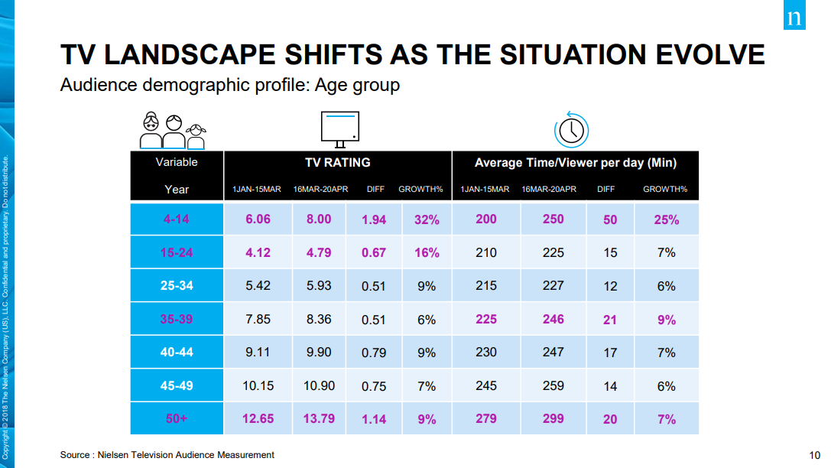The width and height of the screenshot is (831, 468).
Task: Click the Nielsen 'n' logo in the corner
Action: [x=794, y=15]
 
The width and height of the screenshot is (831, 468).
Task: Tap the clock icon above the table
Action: [x=571, y=130]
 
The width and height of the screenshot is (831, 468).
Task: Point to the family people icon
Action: [x=173, y=131]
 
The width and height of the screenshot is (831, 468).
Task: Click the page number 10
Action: [x=815, y=455]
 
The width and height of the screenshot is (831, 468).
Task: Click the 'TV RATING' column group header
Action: [x=338, y=163]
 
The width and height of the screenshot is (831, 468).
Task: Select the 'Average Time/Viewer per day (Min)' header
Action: [x=576, y=163]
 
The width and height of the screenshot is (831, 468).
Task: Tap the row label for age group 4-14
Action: [x=177, y=219]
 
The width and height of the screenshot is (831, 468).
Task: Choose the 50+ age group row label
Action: [x=177, y=419]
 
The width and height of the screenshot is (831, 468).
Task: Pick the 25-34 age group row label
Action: [x=177, y=286]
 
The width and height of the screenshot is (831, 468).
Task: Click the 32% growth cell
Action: [x=427, y=219]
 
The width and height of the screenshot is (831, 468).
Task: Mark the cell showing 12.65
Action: [x=258, y=419]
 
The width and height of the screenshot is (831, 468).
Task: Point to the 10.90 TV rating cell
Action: [x=319, y=386]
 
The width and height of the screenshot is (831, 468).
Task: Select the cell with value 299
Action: [x=553, y=419]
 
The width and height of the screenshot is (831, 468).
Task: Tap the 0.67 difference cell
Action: [x=374, y=253]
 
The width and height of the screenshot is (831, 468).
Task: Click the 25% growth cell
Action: [x=666, y=219]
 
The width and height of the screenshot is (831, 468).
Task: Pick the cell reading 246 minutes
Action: [x=553, y=319]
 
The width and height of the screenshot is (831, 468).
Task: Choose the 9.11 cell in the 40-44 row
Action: [x=258, y=353]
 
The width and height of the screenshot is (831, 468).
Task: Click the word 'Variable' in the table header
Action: [x=177, y=162]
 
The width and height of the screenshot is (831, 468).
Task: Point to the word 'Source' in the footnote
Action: [x=75, y=455]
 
